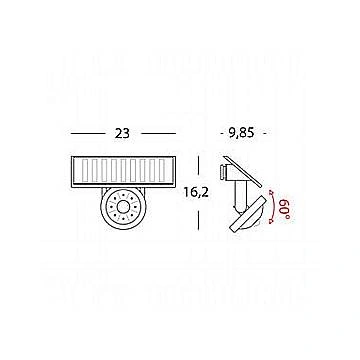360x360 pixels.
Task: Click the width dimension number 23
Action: point(122,133)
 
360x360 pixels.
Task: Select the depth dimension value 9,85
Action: point(242,133)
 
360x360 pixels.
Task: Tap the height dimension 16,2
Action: point(196,192)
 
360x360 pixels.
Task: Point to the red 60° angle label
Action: point(287,208)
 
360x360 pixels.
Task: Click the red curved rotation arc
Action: point(273,206)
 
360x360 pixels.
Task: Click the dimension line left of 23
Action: point(88,134)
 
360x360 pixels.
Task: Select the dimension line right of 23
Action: point(158,134)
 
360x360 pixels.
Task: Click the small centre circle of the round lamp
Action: point(123,207)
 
